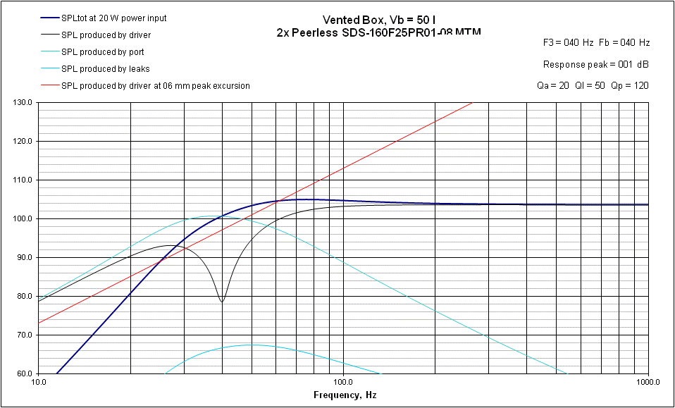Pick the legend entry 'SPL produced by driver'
(x=106, y=35)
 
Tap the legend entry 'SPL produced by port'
(x=102, y=51)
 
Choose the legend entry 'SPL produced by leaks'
(x=105, y=68)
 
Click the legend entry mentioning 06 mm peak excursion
(x=155, y=85)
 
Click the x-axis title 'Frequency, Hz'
(x=345, y=395)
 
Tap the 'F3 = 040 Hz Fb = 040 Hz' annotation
(x=596, y=42)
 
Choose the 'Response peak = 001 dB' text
(x=595, y=64)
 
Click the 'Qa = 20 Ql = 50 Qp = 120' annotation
(x=593, y=85)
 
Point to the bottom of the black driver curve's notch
(x=222, y=302)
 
